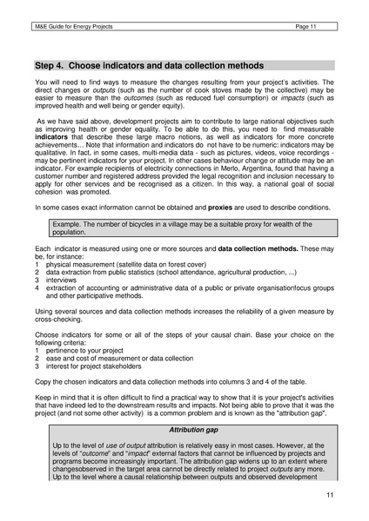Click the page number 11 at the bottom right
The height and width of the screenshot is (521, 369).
[x=330, y=495]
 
